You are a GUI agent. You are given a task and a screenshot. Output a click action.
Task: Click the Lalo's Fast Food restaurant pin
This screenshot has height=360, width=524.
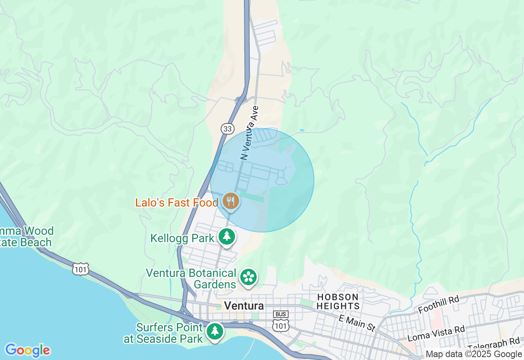point(231,201)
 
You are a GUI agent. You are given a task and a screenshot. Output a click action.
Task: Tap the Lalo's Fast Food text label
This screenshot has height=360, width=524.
point(177,202)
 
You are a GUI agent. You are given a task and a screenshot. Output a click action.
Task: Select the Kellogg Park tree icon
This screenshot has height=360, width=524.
point(226,236)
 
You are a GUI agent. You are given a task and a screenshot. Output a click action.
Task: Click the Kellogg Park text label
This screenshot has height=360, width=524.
point(182,238)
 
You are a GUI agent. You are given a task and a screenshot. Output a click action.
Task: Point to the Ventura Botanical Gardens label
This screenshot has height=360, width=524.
point(191,278)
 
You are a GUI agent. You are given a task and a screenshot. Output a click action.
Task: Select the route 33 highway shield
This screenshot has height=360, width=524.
point(228,129)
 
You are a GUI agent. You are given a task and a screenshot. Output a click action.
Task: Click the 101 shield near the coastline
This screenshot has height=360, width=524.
point(80,269)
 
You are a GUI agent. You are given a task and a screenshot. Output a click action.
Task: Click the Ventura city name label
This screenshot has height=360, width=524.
point(244,306)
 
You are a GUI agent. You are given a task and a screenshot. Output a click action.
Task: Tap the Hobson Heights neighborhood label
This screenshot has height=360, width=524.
point(338,301)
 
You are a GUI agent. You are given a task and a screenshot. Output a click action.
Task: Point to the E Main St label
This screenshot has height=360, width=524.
point(357,322)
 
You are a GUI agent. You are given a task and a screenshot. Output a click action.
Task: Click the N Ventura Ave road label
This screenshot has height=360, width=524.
point(250,133)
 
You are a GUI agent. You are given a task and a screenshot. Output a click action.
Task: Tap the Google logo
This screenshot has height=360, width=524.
point(27,350)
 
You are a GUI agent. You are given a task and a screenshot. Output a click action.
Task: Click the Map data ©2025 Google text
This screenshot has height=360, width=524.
point(474,354)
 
